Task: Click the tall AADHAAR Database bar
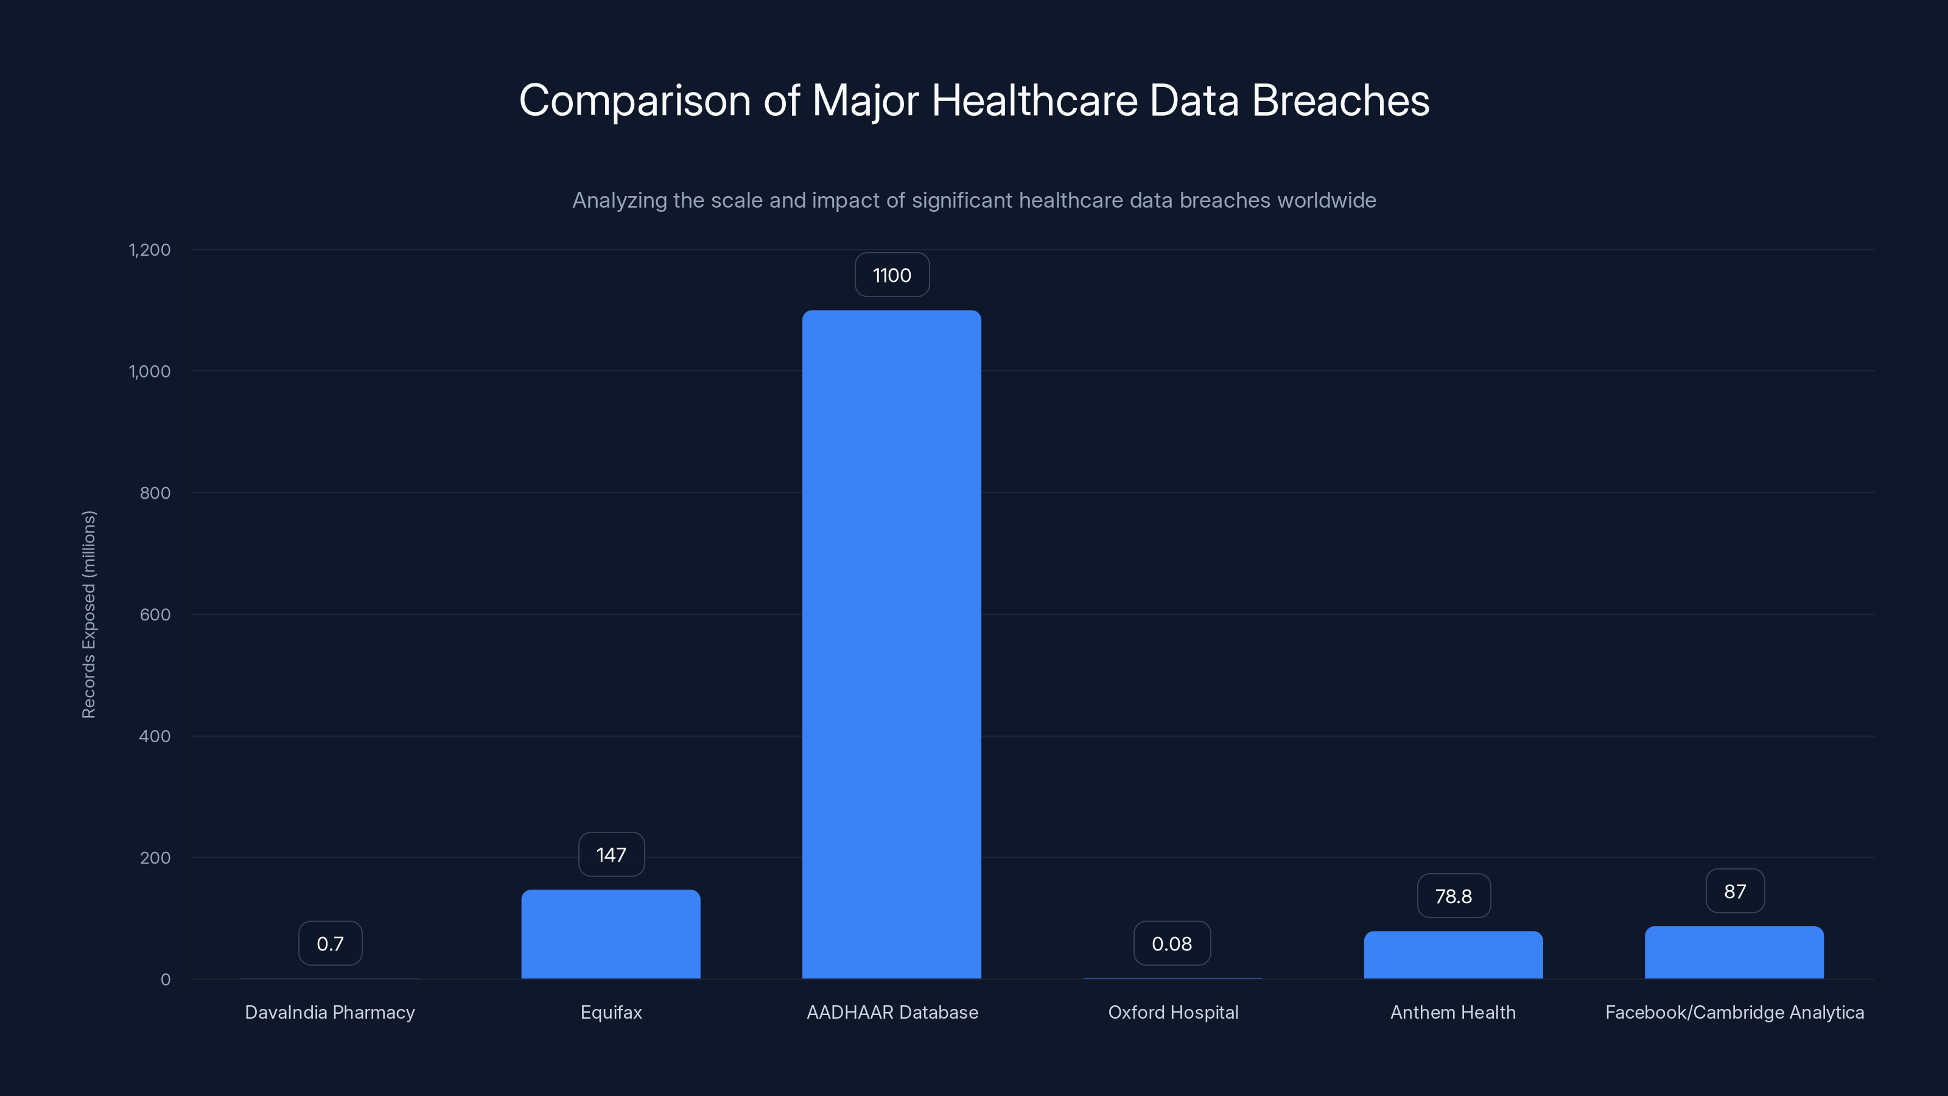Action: [892, 644]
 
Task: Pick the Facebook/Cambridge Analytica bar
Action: [1734, 952]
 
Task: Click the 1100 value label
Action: [892, 275]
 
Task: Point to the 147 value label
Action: [611, 855]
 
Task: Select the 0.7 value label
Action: [330, 943]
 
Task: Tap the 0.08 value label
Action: [1171, 943]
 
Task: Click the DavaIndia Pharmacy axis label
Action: [330, 1012]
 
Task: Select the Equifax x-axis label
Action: [611, 1012]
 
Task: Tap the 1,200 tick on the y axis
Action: [150, 250]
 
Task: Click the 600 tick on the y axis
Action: [155, 614]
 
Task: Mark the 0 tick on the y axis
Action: [166, 980]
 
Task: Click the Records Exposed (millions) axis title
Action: [88, 614]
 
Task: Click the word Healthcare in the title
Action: [1034, 100]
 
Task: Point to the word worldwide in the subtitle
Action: [1326, 200]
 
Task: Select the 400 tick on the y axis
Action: [155, 736]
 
